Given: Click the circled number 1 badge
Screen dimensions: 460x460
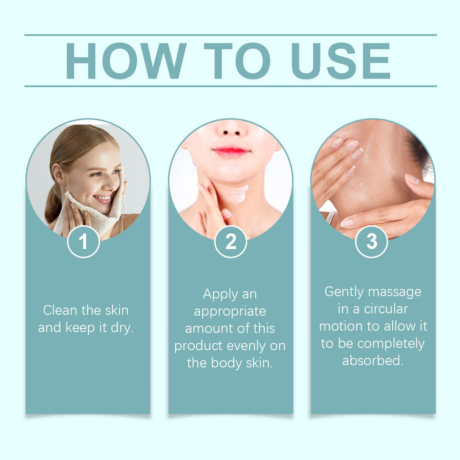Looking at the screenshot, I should [83, 241].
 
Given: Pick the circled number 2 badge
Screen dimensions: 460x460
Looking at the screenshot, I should [230, 241].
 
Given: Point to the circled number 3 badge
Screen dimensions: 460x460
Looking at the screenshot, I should [372, 241].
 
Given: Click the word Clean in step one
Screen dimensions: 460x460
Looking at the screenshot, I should [60, 310].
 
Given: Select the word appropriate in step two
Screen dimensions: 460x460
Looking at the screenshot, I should [230, 312].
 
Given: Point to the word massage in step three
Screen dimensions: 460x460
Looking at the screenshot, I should [394, 292].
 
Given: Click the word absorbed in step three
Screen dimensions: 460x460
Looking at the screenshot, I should [372, 360].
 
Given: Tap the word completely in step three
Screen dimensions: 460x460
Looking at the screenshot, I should [391, 344].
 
